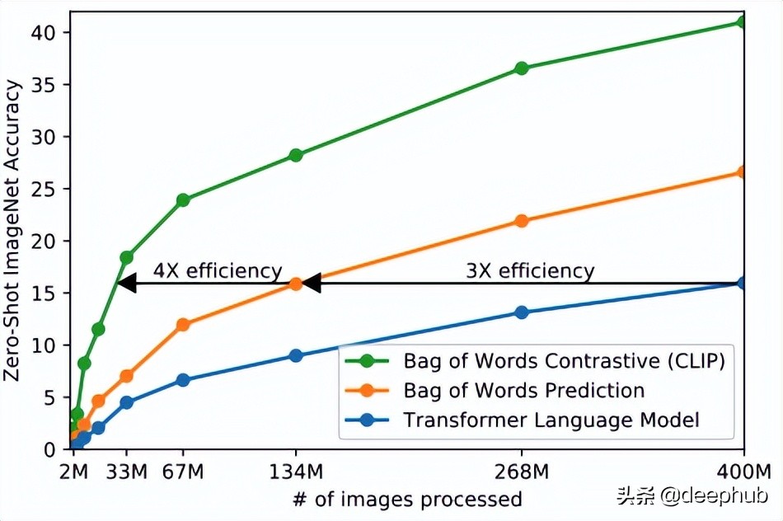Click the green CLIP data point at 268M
[x=522, y=68]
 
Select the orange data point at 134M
[x=296, y=284]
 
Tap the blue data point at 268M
[x=522, y=312]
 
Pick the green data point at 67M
[x=183, y=200]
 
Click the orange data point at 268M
[x=522, y=221]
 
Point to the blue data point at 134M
[x=296, y=356]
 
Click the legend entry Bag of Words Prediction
[x=523, y=390]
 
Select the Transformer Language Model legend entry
[x=551, y=420]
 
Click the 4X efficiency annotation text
[x=218, y=270]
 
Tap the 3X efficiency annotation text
[x=529, y=270]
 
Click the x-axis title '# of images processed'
[x=406, y=499]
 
